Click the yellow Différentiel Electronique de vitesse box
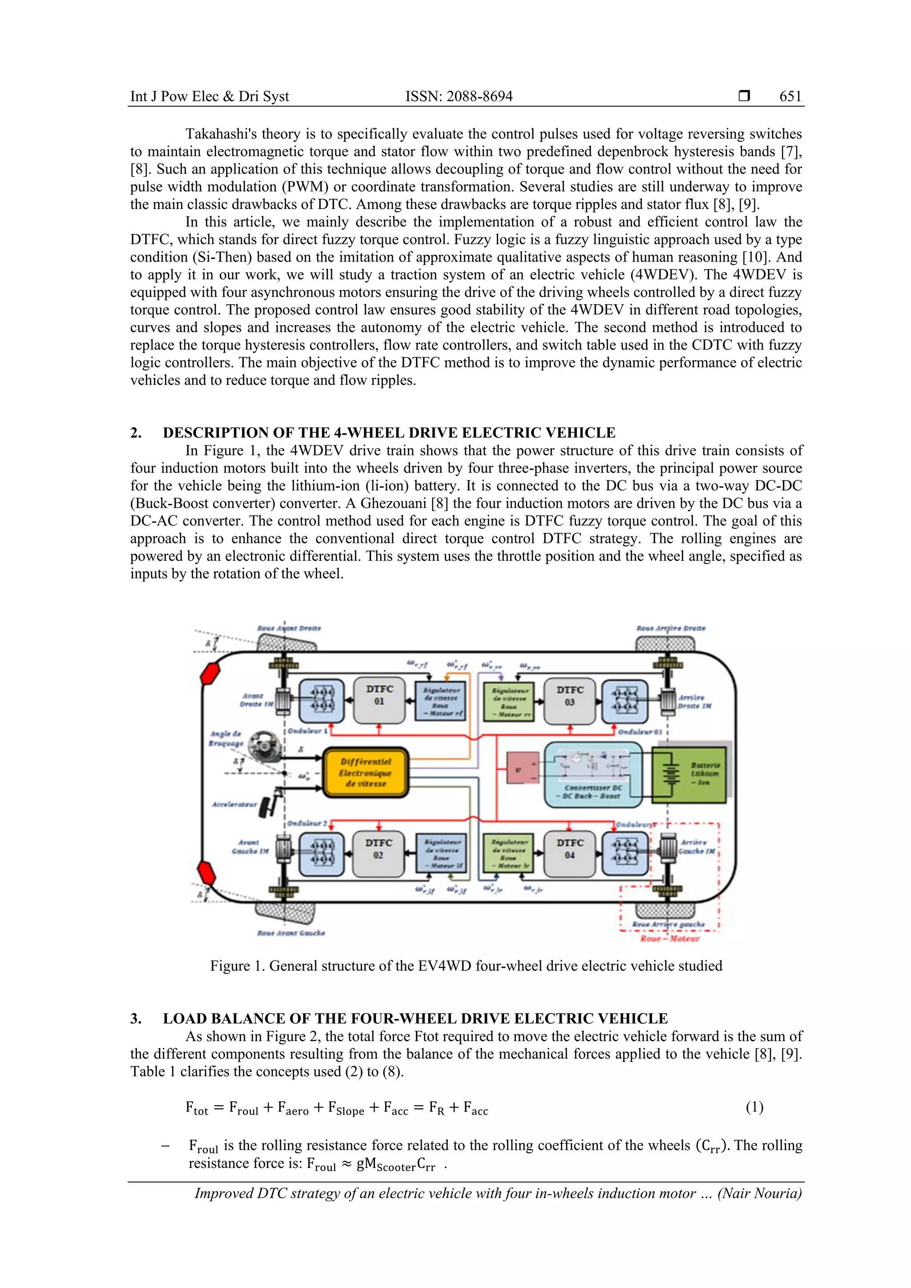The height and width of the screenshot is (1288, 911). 366,773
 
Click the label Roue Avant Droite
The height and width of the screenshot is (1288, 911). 289,628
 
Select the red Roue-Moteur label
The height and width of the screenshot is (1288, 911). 670,938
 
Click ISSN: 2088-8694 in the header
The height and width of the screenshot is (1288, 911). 459,97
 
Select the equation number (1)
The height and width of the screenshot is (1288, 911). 754,1107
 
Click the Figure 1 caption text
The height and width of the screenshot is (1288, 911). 466,966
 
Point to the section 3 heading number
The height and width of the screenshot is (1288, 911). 136,1018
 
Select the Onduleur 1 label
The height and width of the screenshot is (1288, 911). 307,731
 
